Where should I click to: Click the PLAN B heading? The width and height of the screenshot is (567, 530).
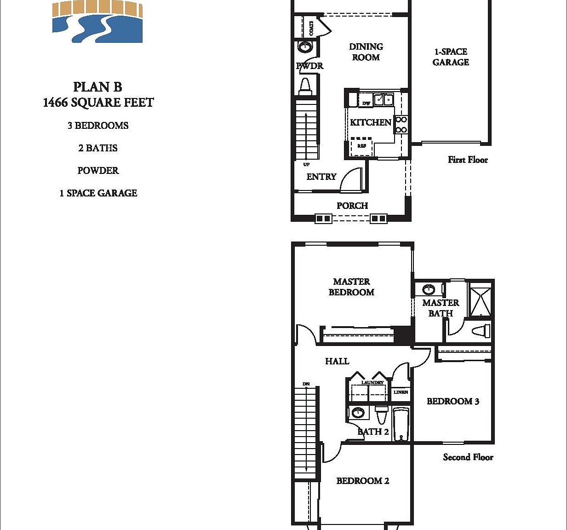[x=97, y=87]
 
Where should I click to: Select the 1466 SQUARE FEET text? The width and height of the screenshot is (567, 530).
[x=98, y=103]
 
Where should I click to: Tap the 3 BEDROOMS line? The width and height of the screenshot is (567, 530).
[x=98, y=126]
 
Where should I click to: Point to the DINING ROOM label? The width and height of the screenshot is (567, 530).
[x=366, y=52]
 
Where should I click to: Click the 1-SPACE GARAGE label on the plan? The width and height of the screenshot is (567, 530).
[x=451, y=57]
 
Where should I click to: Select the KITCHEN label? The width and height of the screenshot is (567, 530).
[x=370, y=122]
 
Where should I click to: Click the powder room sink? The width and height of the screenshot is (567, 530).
[x=305, y=46]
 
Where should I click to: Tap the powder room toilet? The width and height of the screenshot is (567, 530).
[x=305, y=86]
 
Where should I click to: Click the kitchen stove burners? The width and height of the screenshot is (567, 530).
[x=401, y=125]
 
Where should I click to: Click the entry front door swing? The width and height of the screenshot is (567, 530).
[x=352, y=179]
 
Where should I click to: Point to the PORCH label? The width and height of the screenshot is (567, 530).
[x=352, y=206]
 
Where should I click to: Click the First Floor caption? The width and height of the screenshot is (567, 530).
[x=468, y=160]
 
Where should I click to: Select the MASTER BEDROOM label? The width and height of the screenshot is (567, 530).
[x=351, y=287]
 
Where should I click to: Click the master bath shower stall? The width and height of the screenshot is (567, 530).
[x=480, y=299]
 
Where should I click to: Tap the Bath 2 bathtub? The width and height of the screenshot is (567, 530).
[x=401, y=424]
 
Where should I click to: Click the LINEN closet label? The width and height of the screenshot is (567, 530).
[x=401, y=392]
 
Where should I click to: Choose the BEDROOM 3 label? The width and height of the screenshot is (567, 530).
[x=453, y=401]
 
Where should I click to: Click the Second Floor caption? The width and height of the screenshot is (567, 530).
[x=468, y=457]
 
